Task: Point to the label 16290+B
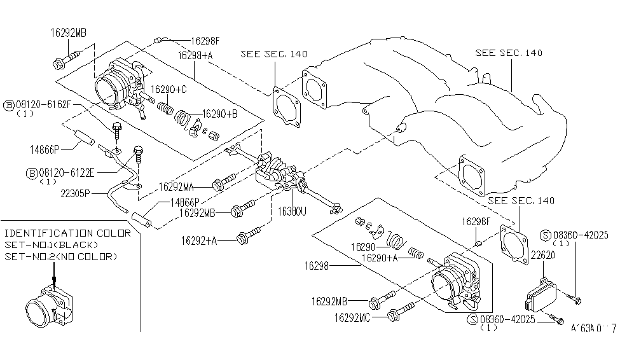coord(219,114)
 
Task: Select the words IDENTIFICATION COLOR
coord(67,233)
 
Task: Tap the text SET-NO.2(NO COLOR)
coord(60,256)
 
